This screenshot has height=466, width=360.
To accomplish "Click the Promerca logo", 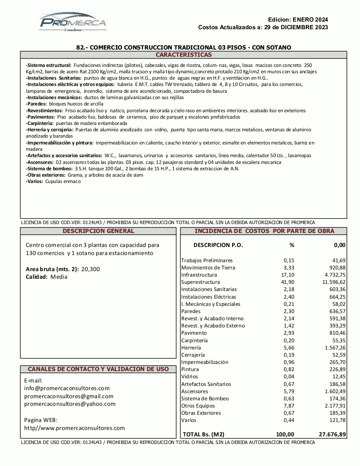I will tap(73, 22).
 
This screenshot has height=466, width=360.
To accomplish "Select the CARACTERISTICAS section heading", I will tap(183, 55).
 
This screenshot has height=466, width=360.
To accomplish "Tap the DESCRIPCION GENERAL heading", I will tap(98, 231).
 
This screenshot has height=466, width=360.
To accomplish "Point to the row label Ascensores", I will tap(194, 391).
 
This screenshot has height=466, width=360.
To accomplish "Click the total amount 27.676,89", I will tap(332, 434).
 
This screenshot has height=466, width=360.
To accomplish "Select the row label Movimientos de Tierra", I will tap(208, 268).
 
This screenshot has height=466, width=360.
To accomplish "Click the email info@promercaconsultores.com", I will tap(67, 388).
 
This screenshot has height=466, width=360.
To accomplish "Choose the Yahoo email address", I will tap(70, 404).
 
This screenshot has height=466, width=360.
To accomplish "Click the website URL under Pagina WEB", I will tap(75, 428).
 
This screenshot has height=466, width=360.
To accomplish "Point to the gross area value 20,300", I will tap(91, 269).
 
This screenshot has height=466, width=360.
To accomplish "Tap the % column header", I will tap(292, 245).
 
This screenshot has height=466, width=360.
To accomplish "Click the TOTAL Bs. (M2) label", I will tap(203, 434).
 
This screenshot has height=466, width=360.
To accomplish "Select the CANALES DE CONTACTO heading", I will tap(98, 369).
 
